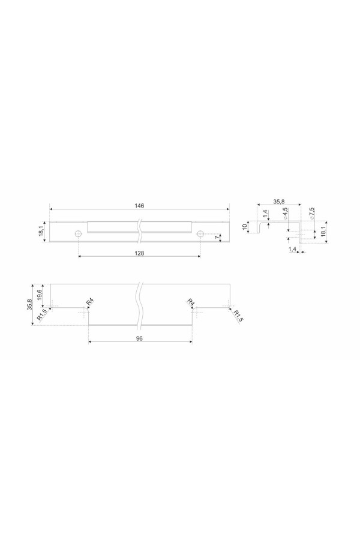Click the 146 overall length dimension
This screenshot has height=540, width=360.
pos(139,206)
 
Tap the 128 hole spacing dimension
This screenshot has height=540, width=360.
pos(139,253)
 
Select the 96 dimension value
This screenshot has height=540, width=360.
pos(139,338)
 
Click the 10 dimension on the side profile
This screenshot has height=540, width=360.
pos(245,227)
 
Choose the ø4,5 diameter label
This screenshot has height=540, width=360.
pos(286,214)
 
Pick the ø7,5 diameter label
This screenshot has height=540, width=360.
pos(311,214)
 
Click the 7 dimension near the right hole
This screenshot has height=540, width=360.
pos(217,237)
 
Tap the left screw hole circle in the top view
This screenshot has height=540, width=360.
pos(78,234)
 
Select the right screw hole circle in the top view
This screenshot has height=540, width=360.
pos(200,234)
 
